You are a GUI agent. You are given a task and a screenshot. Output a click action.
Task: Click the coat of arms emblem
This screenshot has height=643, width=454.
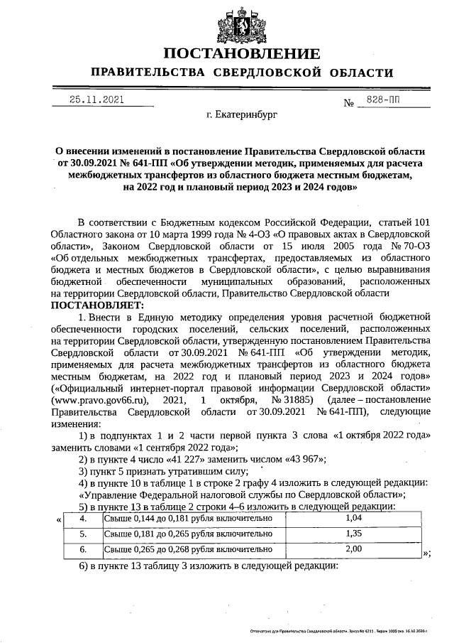(241, 24)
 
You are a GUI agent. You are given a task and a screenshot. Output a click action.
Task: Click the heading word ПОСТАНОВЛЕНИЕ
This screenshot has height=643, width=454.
(241, 54)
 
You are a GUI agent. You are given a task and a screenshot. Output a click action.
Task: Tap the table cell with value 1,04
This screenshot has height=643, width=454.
(353, 520)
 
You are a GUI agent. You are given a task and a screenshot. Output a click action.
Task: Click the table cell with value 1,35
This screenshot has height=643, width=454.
(353, 534)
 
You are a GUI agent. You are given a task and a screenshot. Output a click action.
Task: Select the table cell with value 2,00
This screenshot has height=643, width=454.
(353, 549)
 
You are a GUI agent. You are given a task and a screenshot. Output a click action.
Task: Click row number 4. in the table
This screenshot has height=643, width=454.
(83, 520)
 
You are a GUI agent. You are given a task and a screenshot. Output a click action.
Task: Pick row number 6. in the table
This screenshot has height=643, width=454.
(83, 549)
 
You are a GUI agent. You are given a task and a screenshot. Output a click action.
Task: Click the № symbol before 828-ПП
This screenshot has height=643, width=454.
(348, 103)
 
